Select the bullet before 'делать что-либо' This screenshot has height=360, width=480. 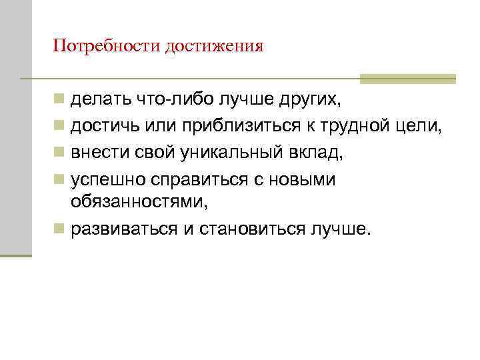click(59, 101)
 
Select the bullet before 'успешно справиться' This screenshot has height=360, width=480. click(59, 179)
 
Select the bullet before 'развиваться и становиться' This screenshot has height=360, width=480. click(59, 230)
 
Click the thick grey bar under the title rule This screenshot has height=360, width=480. click(407, 78)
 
